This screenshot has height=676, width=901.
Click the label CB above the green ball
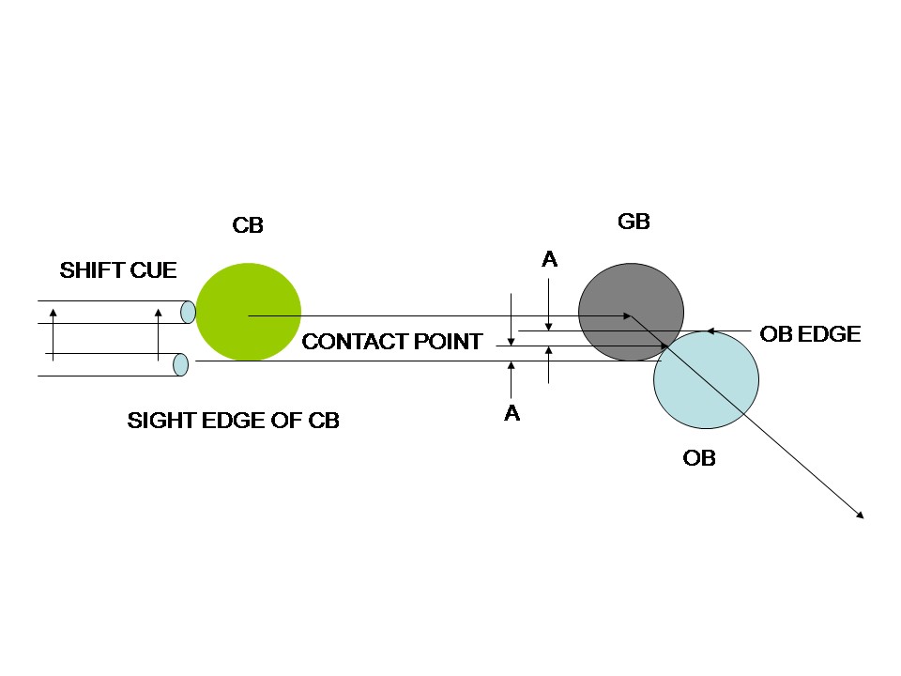tap(248, 225)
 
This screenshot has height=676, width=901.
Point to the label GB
tap(634, 222)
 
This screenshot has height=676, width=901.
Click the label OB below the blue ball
tap(699, 458)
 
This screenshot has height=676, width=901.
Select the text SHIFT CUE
tap(118, 271)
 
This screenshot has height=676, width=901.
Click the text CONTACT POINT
tap(391, 342)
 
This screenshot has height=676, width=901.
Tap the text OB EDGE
tap(810, 334)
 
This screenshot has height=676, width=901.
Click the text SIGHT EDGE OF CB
tap(233, 422)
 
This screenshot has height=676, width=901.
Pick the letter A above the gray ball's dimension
tap(550, 259)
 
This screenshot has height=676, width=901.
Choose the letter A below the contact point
tap(512, 412)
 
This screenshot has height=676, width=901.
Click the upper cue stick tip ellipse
tap(189, 312)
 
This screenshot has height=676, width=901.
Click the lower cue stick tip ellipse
tap(181, 364)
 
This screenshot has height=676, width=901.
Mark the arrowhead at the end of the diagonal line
tap(859, 514)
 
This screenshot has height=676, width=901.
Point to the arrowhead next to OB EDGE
tap(710, 330)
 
